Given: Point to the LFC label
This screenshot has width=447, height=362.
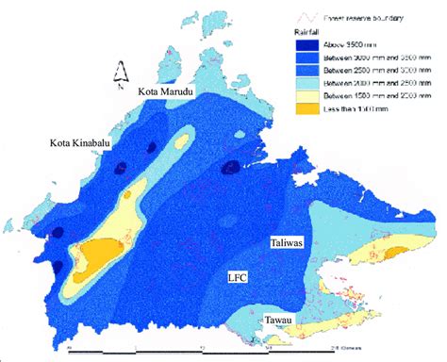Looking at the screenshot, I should tap(238, 278).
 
